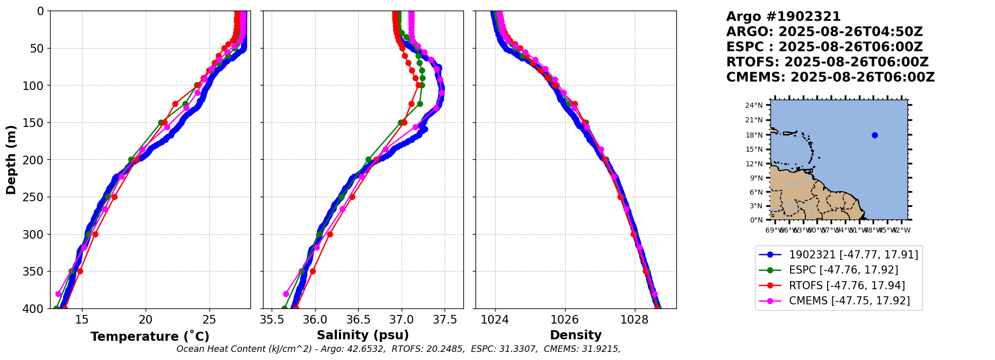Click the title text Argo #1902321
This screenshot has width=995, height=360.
[783, 17]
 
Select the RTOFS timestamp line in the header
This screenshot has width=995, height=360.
[827, 62]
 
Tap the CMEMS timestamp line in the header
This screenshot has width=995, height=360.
[830, 77]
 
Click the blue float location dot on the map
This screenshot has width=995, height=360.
[875, 135]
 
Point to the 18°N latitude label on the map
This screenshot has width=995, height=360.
[754, 135]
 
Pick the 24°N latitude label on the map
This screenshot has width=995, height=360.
[754, 105]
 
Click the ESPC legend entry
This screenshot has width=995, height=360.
[843, 270]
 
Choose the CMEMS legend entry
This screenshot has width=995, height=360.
[849, 301]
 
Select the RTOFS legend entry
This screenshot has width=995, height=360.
[847, 286]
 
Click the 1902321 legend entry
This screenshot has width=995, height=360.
[853, 255]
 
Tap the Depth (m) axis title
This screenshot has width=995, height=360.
[11, 160]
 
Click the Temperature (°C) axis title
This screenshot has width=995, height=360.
[150, 337]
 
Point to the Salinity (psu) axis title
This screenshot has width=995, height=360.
[363, 335]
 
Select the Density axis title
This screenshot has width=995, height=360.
[576, 335]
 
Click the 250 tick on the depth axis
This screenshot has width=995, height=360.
[36, 197]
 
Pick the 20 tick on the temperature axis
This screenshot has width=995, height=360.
[146, 320]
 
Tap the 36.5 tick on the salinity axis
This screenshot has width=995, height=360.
[358, 320]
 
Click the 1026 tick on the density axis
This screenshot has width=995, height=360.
[565, 320]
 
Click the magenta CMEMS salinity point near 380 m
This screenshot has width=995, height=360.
[286, 294]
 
